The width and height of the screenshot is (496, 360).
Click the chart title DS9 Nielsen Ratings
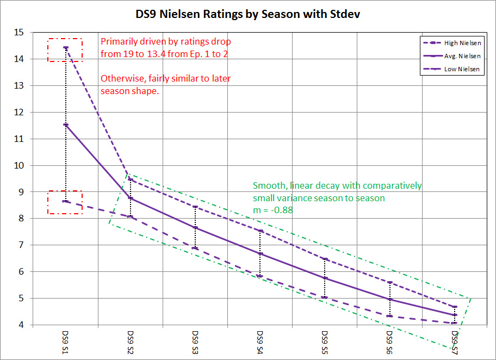[247, 14]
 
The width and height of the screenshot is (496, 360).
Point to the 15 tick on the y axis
[20, 33]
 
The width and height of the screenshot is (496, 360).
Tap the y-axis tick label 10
[20, 165]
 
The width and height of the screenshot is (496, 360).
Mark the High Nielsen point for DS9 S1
[66, 48]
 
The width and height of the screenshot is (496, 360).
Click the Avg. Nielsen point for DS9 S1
[66, 125]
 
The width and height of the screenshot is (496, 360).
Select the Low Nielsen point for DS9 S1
[66, 201]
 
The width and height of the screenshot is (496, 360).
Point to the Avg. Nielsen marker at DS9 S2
[131, 198]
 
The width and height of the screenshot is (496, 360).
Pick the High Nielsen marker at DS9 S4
[260, 231]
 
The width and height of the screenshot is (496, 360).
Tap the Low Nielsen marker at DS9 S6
[390, 316]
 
